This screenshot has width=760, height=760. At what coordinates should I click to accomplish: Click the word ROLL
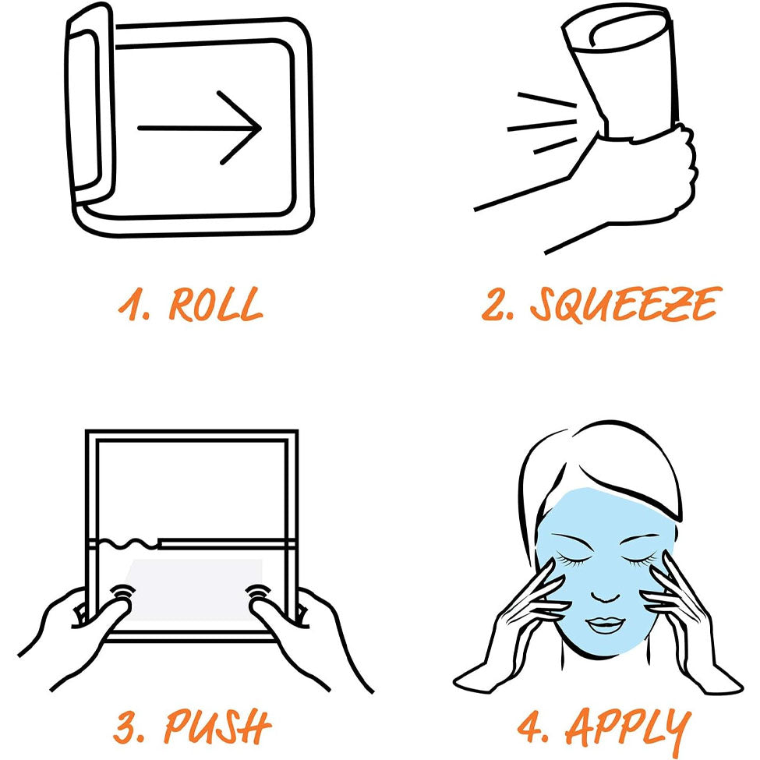(216, 304)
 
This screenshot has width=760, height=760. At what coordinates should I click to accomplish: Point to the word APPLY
(628, 728)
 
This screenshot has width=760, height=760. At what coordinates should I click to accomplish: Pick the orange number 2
(493, 304)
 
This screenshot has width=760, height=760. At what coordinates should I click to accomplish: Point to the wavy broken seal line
(129, 544)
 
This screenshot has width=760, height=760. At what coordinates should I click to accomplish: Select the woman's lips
(605, 624)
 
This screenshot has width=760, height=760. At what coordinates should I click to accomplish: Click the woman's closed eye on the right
(639, 561)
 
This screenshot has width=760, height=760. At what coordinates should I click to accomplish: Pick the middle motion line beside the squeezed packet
(542, 125)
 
